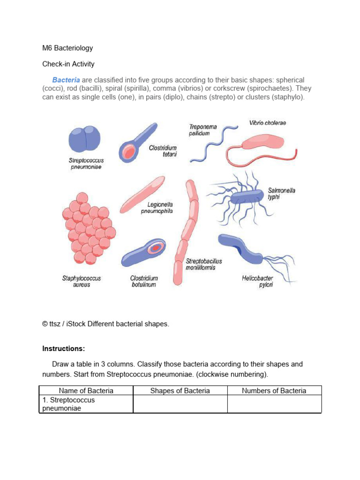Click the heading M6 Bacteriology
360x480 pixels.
click(67, 48)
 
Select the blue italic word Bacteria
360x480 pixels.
click(66, 80)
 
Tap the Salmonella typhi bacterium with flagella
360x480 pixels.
click(246, 197)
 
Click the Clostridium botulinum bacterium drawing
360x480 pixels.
click(143, 253)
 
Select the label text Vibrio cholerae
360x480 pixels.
click(268, 123)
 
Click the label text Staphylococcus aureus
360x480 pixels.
click(82, 281)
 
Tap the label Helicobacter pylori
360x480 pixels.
click(258, 281)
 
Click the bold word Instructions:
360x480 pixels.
click(64, 349)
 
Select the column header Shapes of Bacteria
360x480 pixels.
click(180, 390)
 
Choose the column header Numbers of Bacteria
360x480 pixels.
click(274, 390)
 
